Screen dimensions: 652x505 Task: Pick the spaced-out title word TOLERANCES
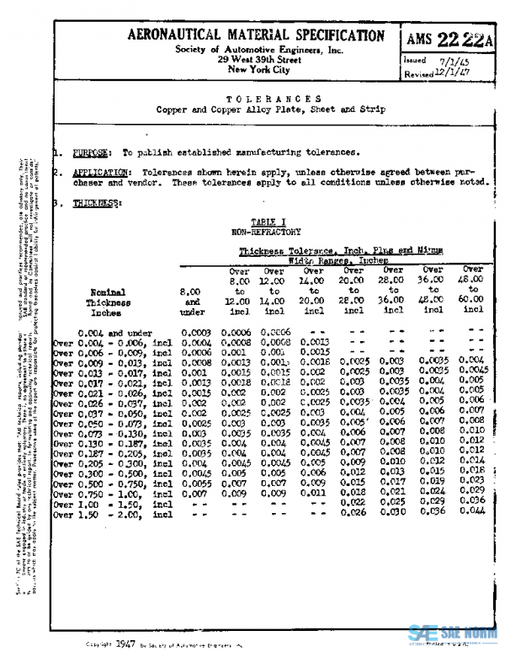click(x=274, y=99)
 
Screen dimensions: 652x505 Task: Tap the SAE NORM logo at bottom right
click(x=454, y=635)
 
